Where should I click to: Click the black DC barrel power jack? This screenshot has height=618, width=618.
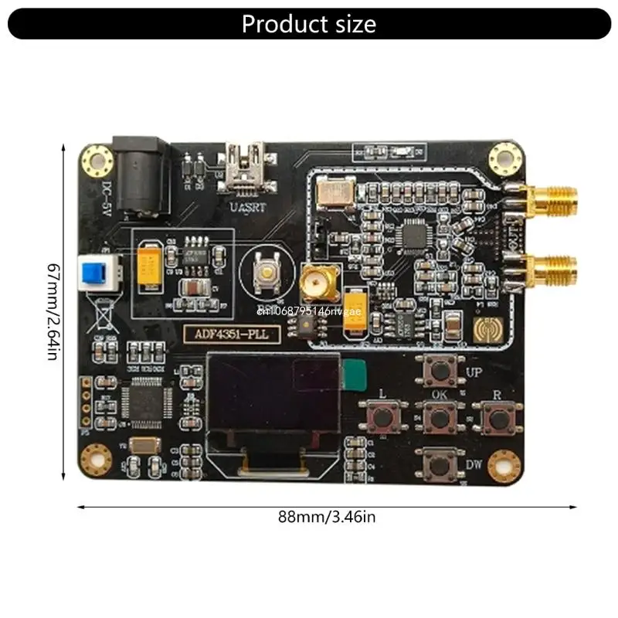pos(138,174)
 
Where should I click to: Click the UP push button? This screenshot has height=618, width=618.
pos(440,371)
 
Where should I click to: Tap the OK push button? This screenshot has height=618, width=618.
pos(439,418)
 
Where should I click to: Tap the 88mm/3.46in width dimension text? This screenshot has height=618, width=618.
pos(327,518)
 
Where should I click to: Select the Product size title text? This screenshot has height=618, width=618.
pos(309,24)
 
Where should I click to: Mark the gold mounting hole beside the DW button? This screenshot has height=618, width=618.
pos(506,462)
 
